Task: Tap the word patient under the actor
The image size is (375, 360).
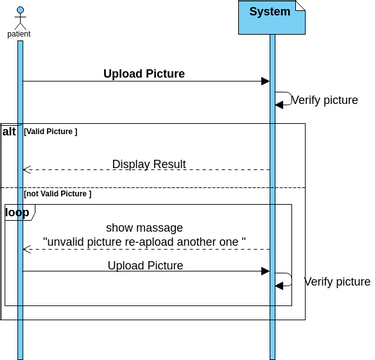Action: point(19,34)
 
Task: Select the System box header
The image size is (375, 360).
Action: point(271,13)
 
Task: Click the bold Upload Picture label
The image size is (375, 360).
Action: point(144,73)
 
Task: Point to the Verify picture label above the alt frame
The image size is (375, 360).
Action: point(325,100)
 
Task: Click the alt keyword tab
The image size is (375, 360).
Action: point(10,131)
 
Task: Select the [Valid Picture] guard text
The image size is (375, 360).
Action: point(50,132)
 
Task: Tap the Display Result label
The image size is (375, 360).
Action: point(148,164)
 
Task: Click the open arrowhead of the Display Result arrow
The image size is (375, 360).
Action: point(26,170)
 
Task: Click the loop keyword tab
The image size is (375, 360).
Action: point(17,212)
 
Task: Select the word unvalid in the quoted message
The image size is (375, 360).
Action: point(70,242)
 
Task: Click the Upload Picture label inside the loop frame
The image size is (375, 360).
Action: point(146,265)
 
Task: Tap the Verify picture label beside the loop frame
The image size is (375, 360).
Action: point(337,282)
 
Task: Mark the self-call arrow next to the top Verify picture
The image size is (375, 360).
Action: point(284,100)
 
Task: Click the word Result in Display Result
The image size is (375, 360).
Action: point(168,164)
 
